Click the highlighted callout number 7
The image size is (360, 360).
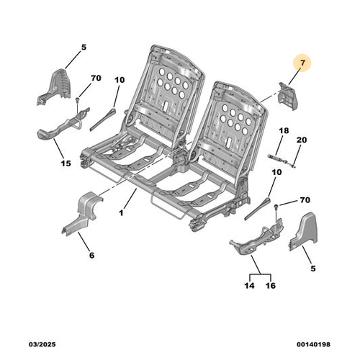coord(302,63)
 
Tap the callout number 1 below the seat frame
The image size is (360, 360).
coord(121,212)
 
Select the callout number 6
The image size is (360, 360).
coord(92,256)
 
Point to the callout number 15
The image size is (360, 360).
coord(66,163)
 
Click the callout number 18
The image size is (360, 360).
coord(284,131)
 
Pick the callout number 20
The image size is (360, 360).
coord(302,140)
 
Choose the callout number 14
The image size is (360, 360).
coord(250,286)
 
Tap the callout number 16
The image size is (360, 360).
coord(271,286)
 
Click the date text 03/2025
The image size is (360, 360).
coord(42,344)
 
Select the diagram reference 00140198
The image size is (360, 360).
coord(313,344)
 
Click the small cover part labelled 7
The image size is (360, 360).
coord(288,96)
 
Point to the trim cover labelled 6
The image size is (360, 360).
coord(81,214)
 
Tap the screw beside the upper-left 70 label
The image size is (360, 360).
coord(77,100)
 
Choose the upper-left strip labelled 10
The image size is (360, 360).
coord(103,120)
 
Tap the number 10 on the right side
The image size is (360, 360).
coord(276,172)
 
